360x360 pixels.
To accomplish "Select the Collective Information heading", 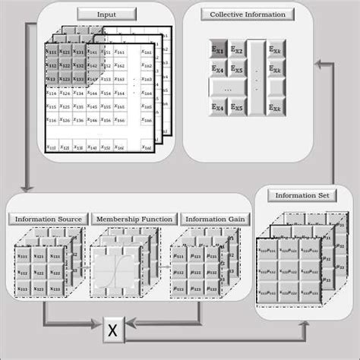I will pos(247,14).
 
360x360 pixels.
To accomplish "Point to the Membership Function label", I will pos(134,219).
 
